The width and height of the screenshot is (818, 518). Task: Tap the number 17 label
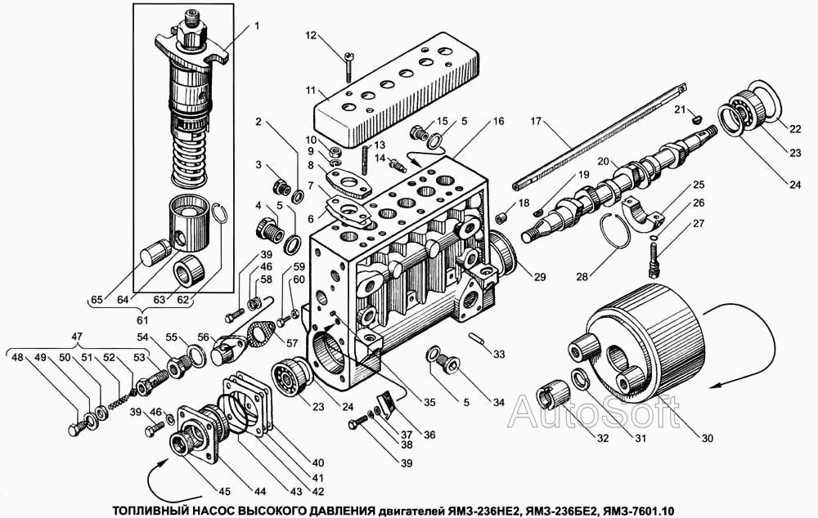[536, 121]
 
